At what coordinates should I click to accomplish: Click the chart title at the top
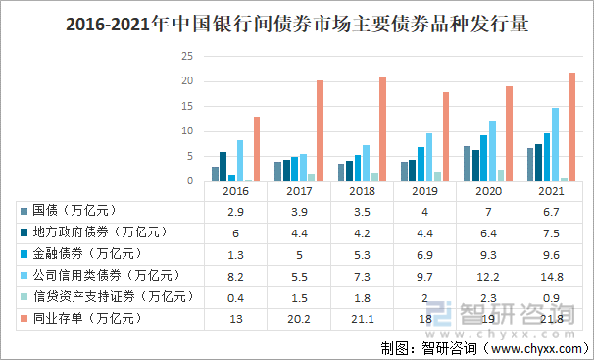click(x=297, y=26)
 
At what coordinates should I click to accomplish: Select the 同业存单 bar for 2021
click(x=572, y=127)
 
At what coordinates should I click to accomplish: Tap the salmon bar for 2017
click(x=320, y=130)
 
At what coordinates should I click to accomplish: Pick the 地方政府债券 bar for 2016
click(x=223, y=166)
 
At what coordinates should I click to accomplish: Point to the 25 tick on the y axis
click(x=187, y=57)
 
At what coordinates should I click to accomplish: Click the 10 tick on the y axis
click(x=187, y=131)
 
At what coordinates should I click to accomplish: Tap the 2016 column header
click(x=235, y=192)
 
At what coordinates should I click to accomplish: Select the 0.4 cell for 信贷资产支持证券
click(x=235, y=297)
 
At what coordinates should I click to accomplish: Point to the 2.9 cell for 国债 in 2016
click(x=235, y=211)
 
